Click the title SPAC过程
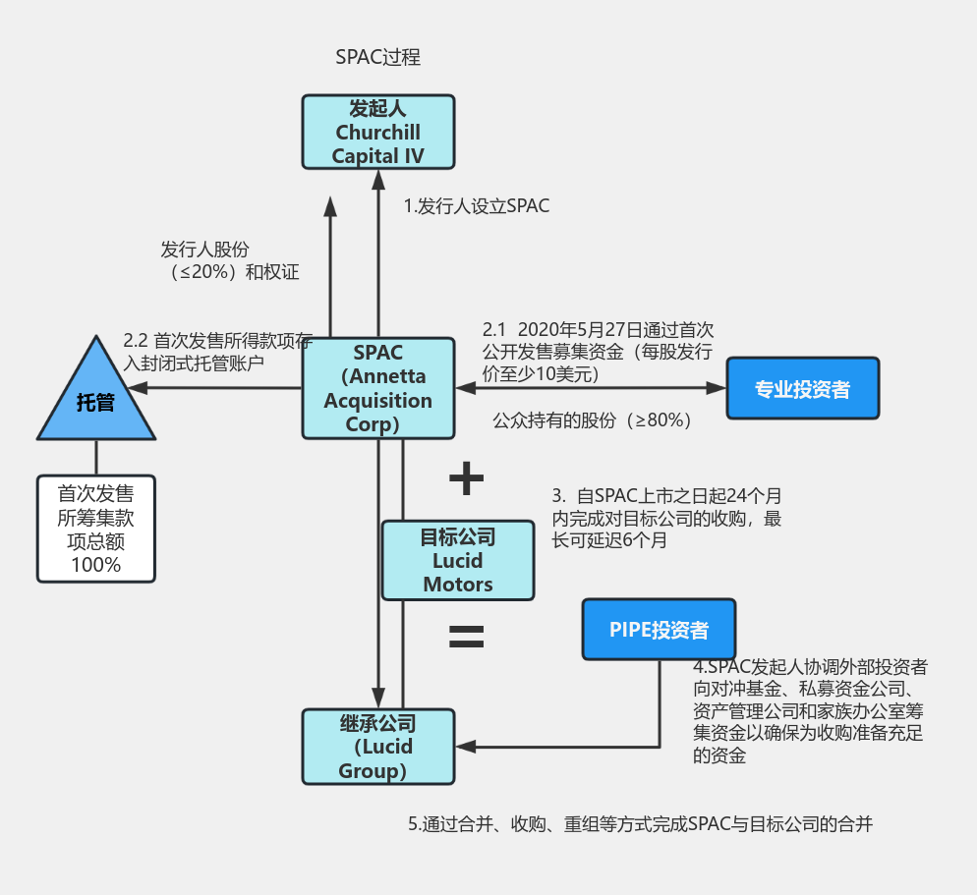coord(377,57)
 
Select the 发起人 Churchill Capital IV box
coord(377,132)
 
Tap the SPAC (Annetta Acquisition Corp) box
coord(377,388)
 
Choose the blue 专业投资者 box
coord(802,389)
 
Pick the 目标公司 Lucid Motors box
coord(458,560)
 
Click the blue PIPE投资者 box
coord(659,629)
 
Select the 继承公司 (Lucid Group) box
coord(377,747)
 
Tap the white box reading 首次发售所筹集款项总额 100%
coord(96,528)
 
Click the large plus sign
coord(466,478)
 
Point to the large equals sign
coord(466,638)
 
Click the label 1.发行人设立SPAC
coord(477,206)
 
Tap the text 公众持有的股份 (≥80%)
coord(593,420)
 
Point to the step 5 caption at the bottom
coord(640,824)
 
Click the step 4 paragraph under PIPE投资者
coord(810,711)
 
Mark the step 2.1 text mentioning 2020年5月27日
coord(597,351)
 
